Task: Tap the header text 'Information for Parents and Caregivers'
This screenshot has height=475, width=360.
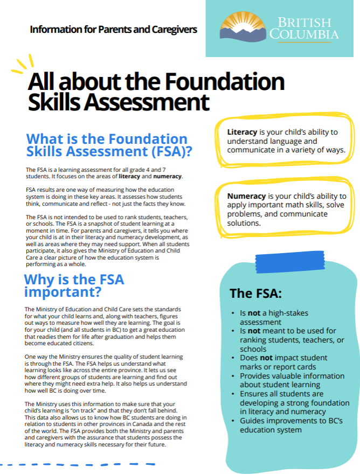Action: point(113,29)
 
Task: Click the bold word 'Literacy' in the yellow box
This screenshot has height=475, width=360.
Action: point(242,132)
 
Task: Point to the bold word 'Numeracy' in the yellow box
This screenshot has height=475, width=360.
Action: point(246,197)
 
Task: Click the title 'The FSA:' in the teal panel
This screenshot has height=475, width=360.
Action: point(255,294)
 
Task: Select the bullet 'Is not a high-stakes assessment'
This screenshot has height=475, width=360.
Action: point(275,317)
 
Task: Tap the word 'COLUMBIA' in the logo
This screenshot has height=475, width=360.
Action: point(304,34)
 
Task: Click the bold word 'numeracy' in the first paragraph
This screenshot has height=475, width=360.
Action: point(167,177)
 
